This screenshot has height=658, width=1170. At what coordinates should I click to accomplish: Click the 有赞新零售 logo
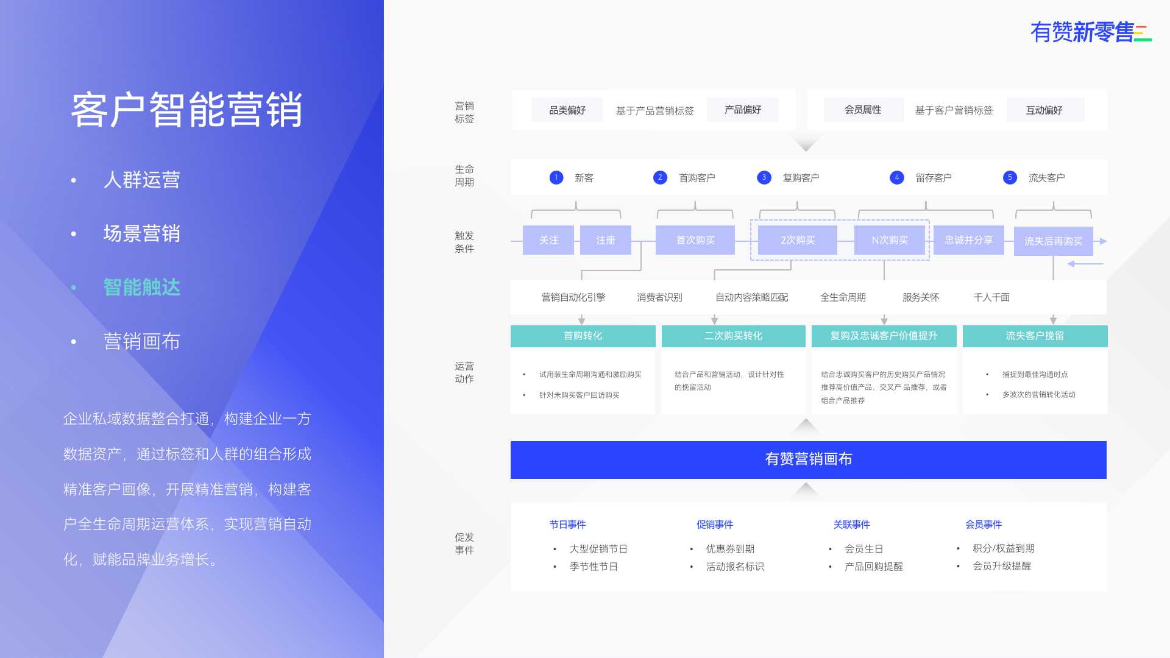[1091, 32]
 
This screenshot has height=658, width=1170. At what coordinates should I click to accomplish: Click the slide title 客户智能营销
[187, 110]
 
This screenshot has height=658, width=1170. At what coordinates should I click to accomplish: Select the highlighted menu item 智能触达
[142, 287]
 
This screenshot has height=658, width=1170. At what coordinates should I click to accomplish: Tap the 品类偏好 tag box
[567, 110]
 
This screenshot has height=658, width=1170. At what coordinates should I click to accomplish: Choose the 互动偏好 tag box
[1045, 110]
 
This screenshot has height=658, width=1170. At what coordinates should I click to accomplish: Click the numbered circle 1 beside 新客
[556, 177]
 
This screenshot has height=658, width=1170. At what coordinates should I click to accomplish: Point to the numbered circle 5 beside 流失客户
[1010, 177]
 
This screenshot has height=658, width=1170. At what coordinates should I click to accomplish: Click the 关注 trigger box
[548, 240]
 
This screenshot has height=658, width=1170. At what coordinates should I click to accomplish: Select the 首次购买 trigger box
[695, 240]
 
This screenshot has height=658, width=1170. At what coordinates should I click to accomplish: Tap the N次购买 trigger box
[890, 240]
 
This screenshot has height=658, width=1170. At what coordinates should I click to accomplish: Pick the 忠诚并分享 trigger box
[969, 240]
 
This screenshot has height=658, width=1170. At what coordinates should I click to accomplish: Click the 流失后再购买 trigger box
[1054, 241]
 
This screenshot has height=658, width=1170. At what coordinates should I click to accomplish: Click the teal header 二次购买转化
[734, 336]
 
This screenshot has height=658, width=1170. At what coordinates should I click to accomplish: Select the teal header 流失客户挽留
[1035, 336]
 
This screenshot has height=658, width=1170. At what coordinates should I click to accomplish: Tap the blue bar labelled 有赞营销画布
[809, 459]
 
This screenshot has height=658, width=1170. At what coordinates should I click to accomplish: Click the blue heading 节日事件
[567, 525]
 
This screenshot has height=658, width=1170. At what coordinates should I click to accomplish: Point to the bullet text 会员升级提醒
[1002, 566]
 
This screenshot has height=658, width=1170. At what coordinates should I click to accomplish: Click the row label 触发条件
[464, 242]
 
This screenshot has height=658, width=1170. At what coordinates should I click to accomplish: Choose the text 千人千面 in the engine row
[991, 297]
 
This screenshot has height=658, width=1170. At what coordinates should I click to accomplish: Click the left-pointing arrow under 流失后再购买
[1085, 264]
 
